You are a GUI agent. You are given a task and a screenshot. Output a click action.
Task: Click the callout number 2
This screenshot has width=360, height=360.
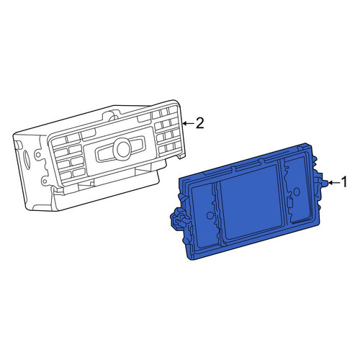pyautogui.click(x=200, y=123)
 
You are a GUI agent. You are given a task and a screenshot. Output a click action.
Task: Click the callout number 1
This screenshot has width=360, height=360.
pyautogui.click(x=344, y=182)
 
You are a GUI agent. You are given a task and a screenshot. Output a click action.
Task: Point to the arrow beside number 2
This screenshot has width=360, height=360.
pyautogui.click(x=188, y=123)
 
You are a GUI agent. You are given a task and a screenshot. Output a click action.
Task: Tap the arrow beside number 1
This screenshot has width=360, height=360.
pyautogui.click(x=334, y=183)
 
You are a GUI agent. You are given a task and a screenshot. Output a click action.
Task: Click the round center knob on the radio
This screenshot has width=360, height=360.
pyautogui.click(x=124, y=149)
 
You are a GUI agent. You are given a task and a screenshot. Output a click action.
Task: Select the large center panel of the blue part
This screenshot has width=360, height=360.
pyautogui.click(x=251, y=202)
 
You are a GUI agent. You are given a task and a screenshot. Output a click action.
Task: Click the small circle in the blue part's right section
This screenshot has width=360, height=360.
pyautogui.click(x=297, y=192)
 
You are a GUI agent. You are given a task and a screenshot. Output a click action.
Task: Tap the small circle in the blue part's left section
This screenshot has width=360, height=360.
pyautogui.click(x=210, y=215)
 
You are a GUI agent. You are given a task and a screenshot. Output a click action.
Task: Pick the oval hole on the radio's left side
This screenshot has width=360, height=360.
pyautogui.click(x=27, y=158)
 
